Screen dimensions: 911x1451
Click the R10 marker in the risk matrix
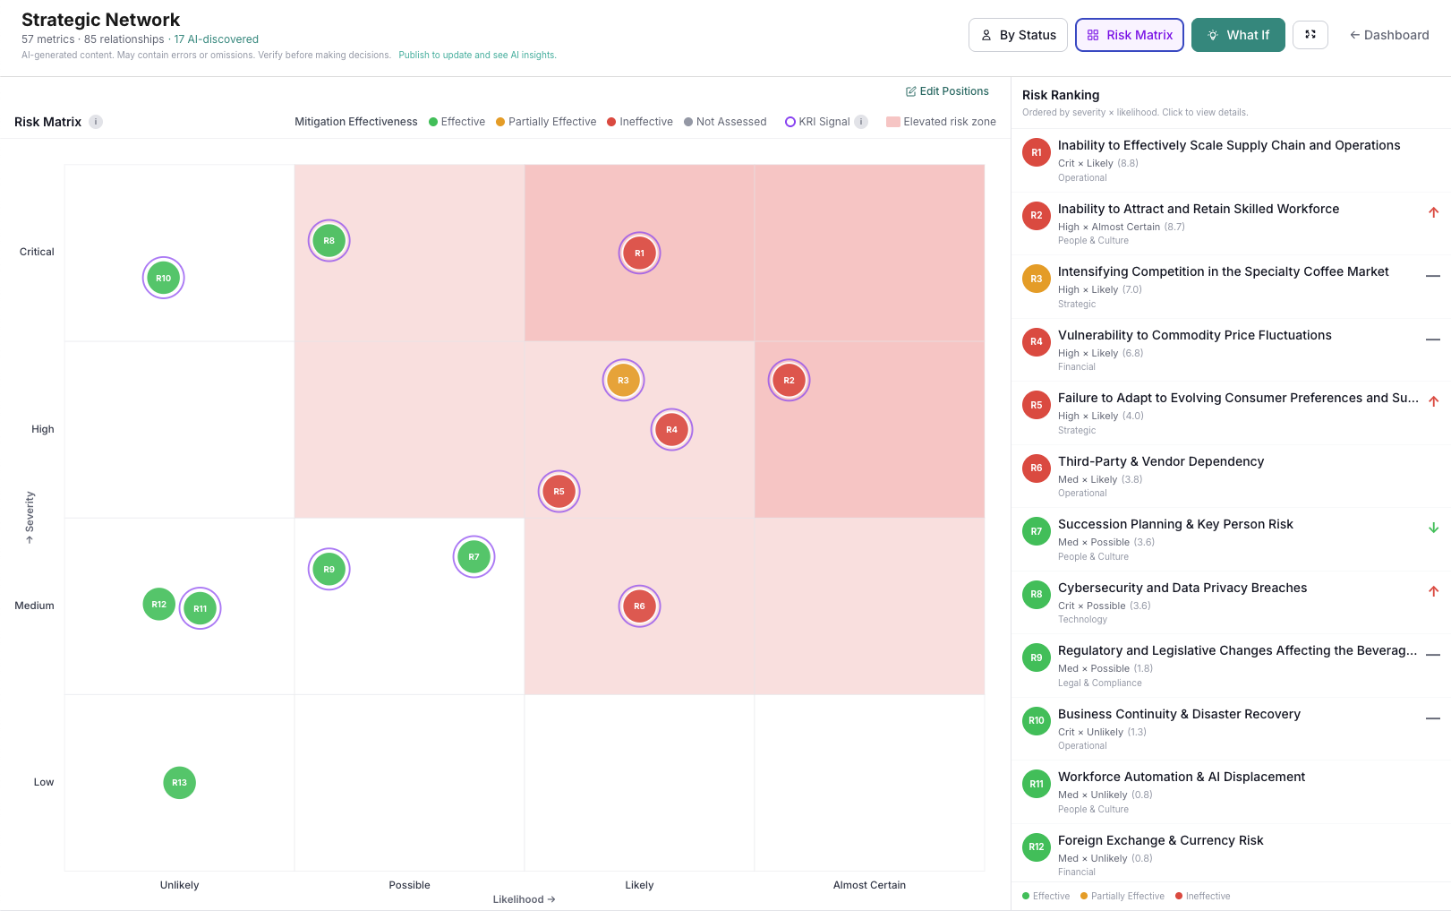pyautogui.click(x=163, y=278)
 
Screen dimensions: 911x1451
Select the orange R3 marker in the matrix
pyautogui.click(x=623, y=380)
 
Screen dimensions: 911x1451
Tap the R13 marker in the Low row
pyautogui.click(x=179, y=783)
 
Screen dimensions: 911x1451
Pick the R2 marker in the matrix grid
pyautogui.click(x=789, y=380)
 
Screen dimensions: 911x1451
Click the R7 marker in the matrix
pyautogui.click(x=474, y=557)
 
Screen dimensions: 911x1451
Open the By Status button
pyautogui.click(x=1018, y=35)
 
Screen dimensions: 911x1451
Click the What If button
pyautogui.click(x=1238, y=35)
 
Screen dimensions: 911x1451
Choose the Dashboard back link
pyautogui.click(x=1389, y=35)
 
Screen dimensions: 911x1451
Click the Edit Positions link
pyautogui.click(x=947, y=91)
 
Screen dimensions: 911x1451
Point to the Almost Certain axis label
pyautogui.click(x=869, y=885)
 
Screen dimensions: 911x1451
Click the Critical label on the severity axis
pyautogui.click(x=37, y=252)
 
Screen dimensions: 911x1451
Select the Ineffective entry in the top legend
pyautogui.click(x=640, y=122)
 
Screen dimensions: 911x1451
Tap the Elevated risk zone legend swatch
pyautogui.click(x=892, y=122)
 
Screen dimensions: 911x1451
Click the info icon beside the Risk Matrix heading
pyautogui.click(x=96, y=122)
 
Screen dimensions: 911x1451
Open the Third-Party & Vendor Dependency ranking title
pyautogui.click(x=1161, y=461)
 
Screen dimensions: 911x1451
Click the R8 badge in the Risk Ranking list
pyautogui.click(x=1036, y=594)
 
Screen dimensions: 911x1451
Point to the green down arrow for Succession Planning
pyautogui.click(x=1433, y=528)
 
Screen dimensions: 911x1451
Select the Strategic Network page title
pyautogui.click(x=100, y=20)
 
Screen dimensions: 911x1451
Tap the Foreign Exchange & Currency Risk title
pyautogui.click(x=1160, y=840)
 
